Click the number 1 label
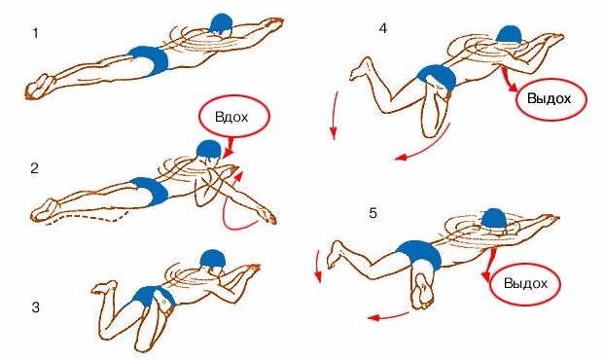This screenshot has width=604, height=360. (35, 33)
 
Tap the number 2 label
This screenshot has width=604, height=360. (35, 168)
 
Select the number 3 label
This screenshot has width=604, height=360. (35, 307)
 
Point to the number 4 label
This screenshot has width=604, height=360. (382, 28)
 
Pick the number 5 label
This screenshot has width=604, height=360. (373, 213)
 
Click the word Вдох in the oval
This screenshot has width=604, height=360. (231, 117)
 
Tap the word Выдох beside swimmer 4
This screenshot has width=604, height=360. (549, 98)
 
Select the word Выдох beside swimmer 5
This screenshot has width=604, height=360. (525, 283)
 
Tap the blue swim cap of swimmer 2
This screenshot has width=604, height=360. (208, 149)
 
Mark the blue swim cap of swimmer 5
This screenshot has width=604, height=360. (495, 219)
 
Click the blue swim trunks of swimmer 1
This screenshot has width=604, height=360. (150, 60)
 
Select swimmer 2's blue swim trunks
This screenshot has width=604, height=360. (150, 191)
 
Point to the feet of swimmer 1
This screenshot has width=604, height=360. (40, 87)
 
